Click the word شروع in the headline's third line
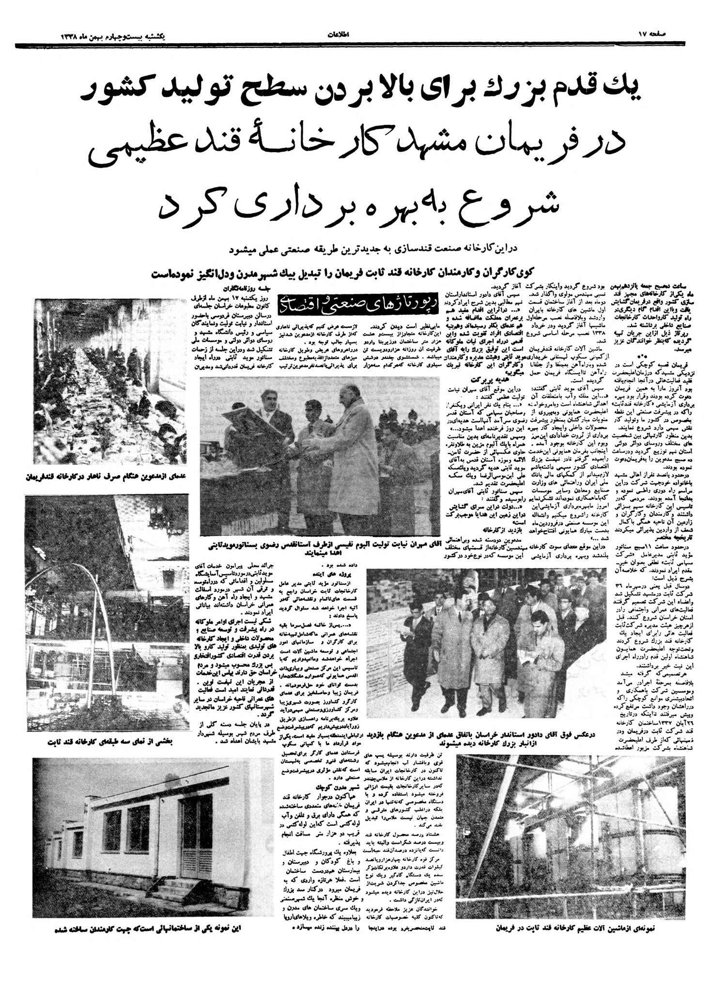515,202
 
